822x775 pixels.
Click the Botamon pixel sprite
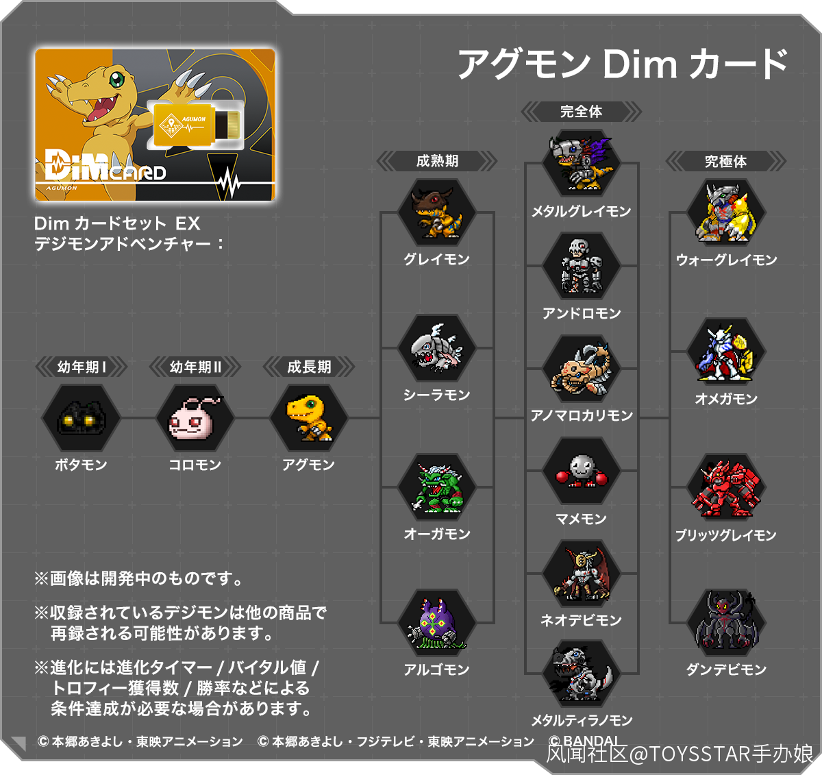pos(81,418)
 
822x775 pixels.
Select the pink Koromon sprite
pos(195,418)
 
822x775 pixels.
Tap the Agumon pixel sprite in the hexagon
pos(308,418)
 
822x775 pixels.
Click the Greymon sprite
pos(437,212)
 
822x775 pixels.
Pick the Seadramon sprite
pos(437,348)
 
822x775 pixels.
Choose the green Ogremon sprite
pos(437,487)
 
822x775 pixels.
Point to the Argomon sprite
pos(437,622)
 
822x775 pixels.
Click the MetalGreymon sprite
pos(581,163)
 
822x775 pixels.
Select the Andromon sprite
pos(581,266)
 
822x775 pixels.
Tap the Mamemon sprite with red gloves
pos(581,470)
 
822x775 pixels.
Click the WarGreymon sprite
pos(726,212)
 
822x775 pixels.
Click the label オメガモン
pos(726,398)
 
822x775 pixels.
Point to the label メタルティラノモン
pos(582,720)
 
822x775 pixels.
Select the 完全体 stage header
pos(581,111)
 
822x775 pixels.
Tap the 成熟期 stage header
pos(437,161)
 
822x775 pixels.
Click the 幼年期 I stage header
pos(81,367)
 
